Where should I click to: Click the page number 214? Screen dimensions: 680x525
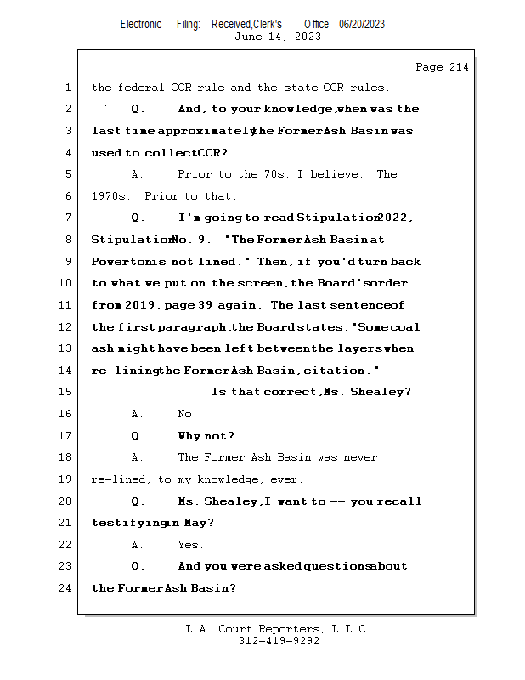pyautogui.click(x=455, y=67)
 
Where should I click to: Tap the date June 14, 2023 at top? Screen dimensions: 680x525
pyautogui.click(x=277, y=37)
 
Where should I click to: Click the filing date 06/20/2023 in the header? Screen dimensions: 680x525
pyautogui.click(x=361, y=25)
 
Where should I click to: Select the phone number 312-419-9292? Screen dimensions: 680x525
pyautogui.click(x=279, y=641)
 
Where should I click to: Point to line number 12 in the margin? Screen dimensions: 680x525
pyautogui.click(x=67, y=327)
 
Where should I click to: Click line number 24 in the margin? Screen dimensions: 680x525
pyautogui.click(x=67, y=588)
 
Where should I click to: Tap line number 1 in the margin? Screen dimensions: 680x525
pyautogui.click(x=67, y=88)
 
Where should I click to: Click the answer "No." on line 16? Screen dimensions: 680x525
pyautogui.click(x=187, y=414)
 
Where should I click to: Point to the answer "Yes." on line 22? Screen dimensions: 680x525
pyautogui.click(x=190, y=545)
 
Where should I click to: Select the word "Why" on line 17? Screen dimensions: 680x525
pyautogui.click(x=189, y=436)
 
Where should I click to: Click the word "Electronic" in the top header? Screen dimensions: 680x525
pyautogui.click(x=141, y=25)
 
